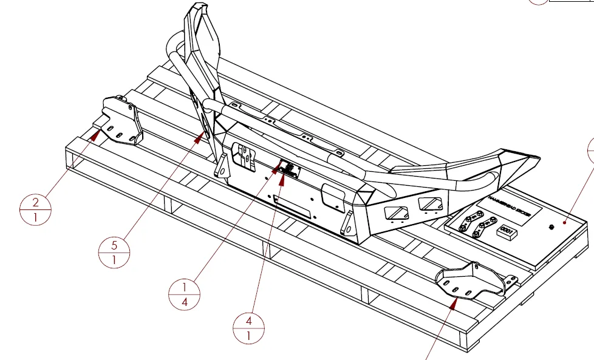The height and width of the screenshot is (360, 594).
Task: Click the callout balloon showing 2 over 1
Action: (x=35, y=210)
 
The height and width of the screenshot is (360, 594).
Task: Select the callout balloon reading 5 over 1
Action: (x=114, y=251)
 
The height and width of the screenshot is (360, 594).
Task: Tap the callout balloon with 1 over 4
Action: (x=184, y=294)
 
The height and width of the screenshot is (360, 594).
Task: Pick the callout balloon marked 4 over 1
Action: (x=249, y=328)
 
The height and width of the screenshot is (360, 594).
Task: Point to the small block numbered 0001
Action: (x=507, y=232)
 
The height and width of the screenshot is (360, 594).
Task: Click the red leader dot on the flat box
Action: (x=566, y=223)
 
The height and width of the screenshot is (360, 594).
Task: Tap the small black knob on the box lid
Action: (x=550, y=227)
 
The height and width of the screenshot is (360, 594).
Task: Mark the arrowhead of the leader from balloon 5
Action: (x=198, y=139)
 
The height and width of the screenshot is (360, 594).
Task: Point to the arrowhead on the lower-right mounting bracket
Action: (x=453, y=302)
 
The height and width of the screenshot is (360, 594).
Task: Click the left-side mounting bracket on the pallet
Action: (x=121, y=121)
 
